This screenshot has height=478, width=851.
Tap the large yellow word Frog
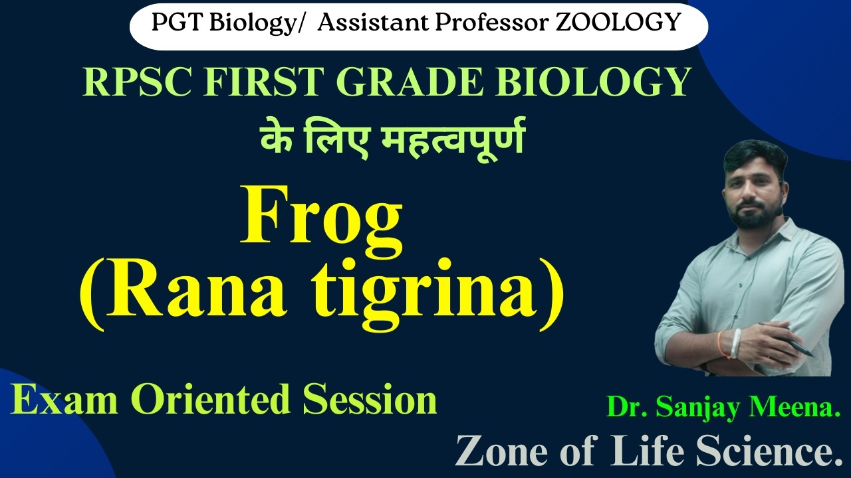[x=322, y=215]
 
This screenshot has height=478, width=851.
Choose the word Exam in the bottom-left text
[x=53, y=400]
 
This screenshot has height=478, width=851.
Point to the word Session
[x=370, y=400]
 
